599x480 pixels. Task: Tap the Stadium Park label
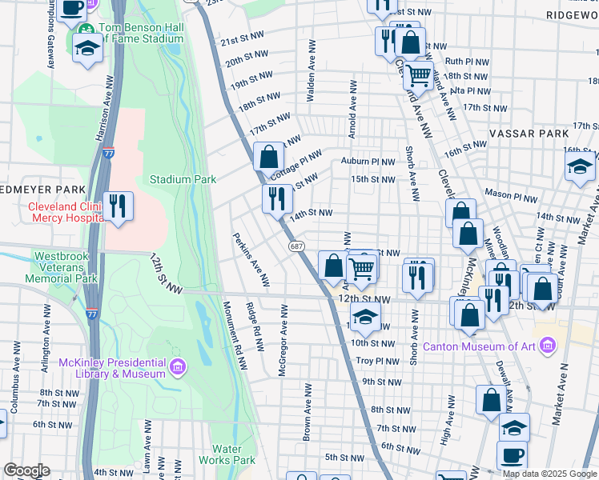[x=183, y=180]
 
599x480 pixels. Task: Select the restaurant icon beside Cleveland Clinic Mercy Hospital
[x=118, y=206]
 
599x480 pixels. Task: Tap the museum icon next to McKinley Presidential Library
[x=178, y=368]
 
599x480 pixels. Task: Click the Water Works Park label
[x=233, y=454]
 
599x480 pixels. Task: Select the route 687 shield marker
[x=297, y=246]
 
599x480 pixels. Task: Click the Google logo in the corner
[x=26, y=470]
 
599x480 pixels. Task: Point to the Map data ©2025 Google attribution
[x=550, y=474]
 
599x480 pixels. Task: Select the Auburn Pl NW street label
[x=368, y=161]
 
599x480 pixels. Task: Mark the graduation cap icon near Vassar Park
[x=579, y=169]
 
